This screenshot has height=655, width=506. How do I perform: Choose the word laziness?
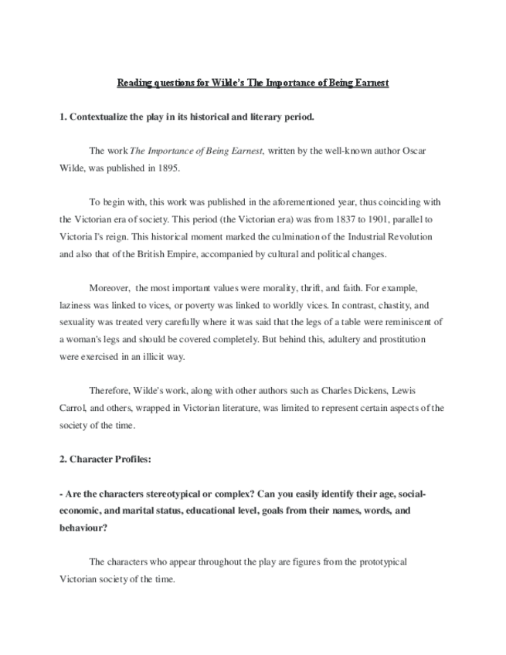(x=76, y=304)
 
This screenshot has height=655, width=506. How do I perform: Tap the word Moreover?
(x=110, y=287)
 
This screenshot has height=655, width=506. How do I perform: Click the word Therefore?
(x=112, y=390)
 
